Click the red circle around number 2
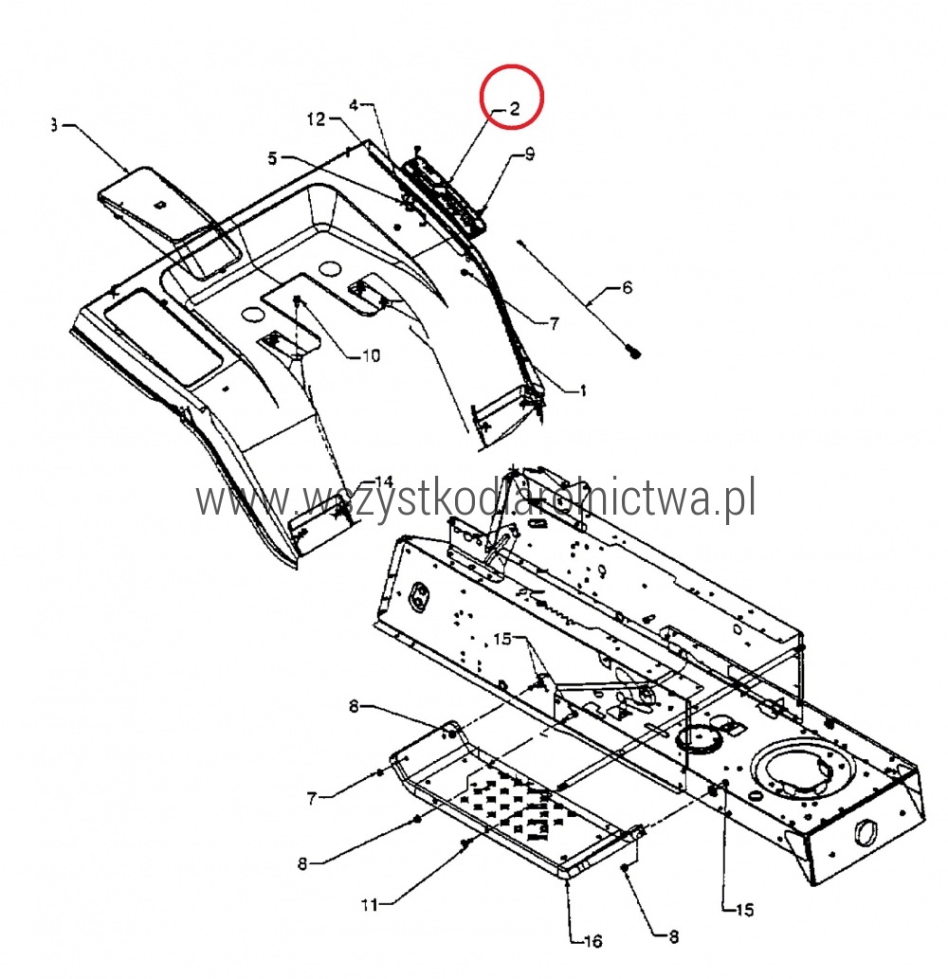(512, 97)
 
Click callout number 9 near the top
(530, 154)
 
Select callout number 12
(317, 118)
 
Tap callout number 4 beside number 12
(354, 105)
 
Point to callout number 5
(272, 158)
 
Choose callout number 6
(627, 288)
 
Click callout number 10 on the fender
(371, 356)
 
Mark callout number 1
(583, 391)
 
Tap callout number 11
(370, 904)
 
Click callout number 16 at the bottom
(592, 941)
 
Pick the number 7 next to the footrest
(312, 798)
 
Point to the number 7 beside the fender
(554, 323)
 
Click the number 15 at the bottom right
(744, 911)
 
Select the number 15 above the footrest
(501, 639)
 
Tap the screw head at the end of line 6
(634, 354)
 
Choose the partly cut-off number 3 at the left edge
(54, 125)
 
